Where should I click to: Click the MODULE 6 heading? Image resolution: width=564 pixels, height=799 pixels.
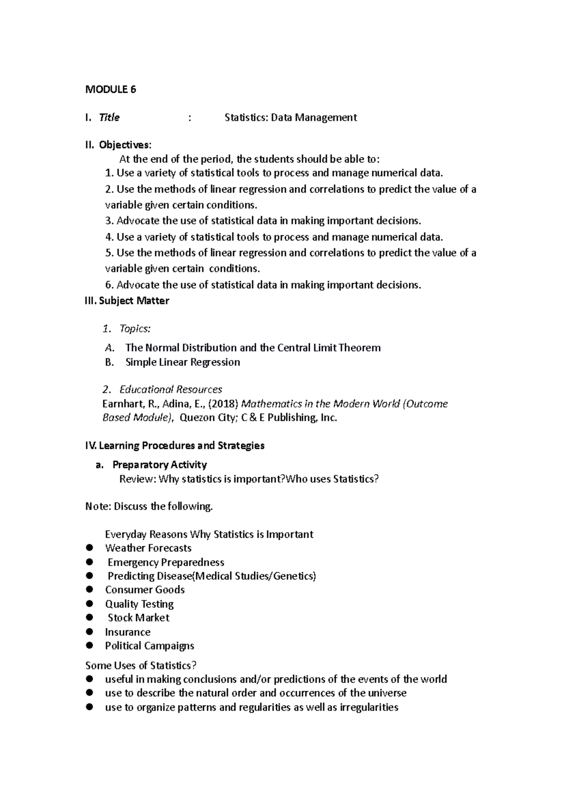(x=110, y=89)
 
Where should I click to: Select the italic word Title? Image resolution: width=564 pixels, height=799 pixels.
(x=109, y=118)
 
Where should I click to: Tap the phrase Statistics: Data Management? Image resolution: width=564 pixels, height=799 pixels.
(x=290, y=118)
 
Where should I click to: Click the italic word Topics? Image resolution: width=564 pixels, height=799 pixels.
(x=135, y=328)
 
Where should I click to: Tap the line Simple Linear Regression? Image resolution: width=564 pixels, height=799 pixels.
(x=182, y=362)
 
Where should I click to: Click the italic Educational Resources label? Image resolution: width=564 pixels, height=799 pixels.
(x=171, y=390)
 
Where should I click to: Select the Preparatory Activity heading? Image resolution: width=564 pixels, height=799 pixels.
(x=159, y=465)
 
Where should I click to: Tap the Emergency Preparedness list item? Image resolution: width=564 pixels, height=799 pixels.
(x=165, y=562)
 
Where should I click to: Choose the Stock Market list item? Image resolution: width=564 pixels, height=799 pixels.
(x=138, y=618)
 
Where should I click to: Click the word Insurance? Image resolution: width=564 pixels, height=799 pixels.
(x=127, y=632)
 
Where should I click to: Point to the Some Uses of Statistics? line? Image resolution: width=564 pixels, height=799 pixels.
(x=141, y=665)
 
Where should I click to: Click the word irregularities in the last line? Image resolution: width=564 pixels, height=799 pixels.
(x=369, y=707)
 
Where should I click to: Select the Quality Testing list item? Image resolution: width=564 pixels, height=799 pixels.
(x=139, y=604)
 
